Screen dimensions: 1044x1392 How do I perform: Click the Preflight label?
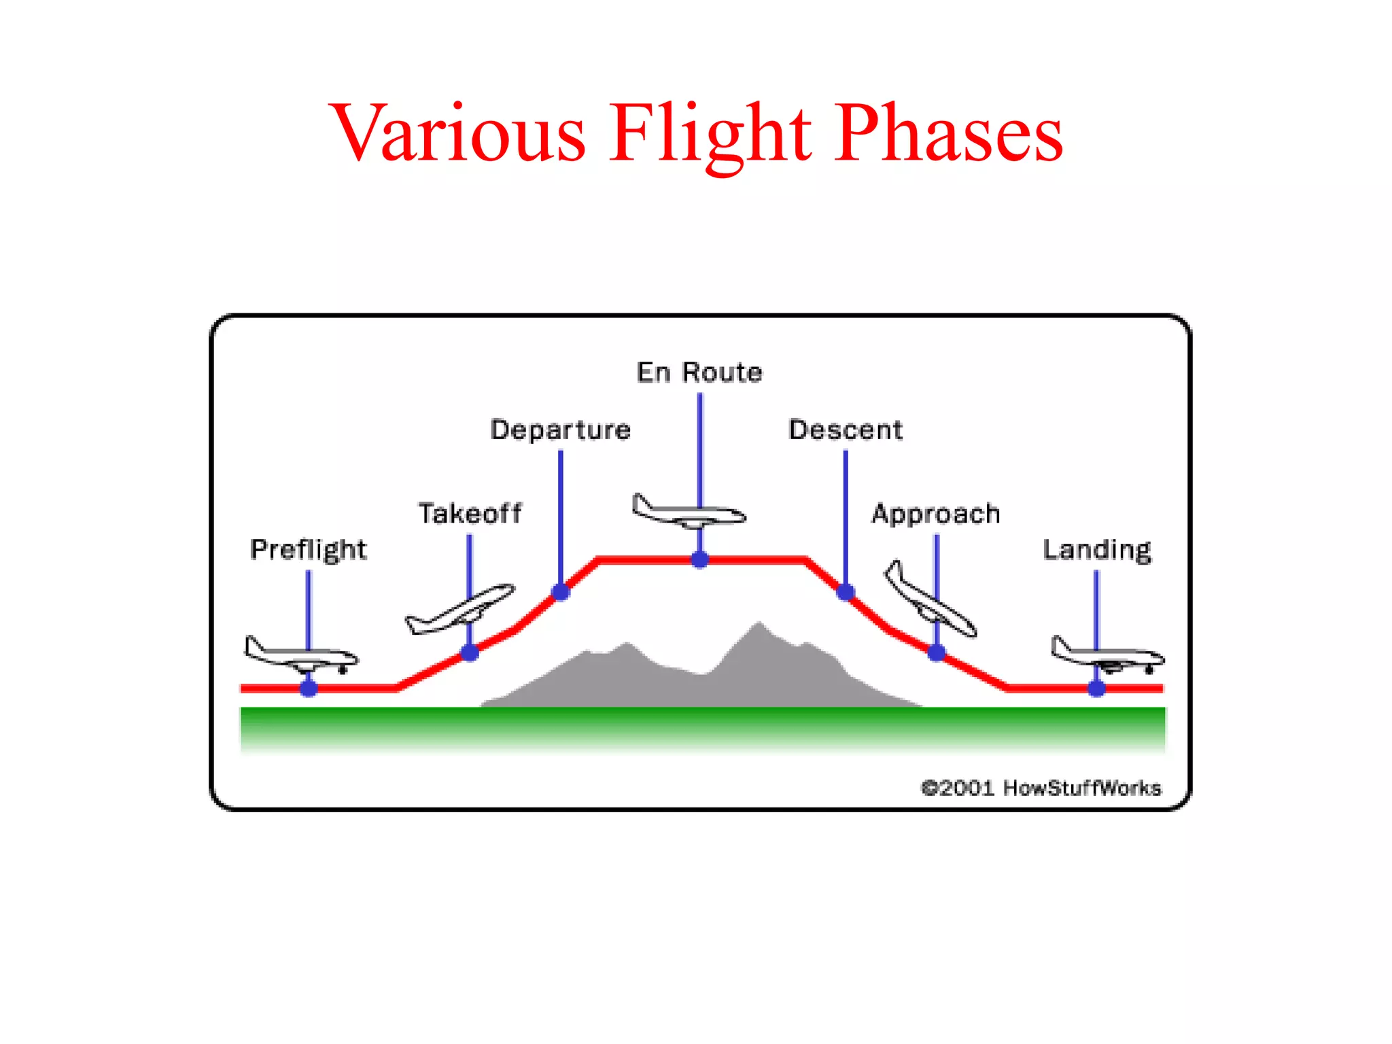tap(308, 549)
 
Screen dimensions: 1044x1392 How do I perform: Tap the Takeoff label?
tap(470, 513)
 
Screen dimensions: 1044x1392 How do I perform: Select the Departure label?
tap(561, 430)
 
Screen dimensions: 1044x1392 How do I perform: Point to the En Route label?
tap(699, 372)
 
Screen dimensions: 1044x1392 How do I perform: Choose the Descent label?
tap(846, 430)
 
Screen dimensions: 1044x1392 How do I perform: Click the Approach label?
tap(936, 514)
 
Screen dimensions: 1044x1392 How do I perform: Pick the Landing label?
tap(1097, 549)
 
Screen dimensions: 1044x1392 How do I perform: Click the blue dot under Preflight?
tap(309, 689)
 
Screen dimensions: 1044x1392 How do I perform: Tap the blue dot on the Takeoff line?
tap(470, 653)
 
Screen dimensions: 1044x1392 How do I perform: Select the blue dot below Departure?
tap(561, 592)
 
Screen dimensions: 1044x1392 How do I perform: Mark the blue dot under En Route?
tap(700, 559)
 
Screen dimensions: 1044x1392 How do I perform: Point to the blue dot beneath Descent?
tap(846, 592)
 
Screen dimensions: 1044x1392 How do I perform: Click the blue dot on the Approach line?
tap(937, 653)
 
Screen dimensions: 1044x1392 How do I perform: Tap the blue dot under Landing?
tap(1096, 689)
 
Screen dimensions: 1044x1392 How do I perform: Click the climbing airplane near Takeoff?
tap(459, 609)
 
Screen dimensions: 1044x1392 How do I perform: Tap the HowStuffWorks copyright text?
tap(1041, 788)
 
